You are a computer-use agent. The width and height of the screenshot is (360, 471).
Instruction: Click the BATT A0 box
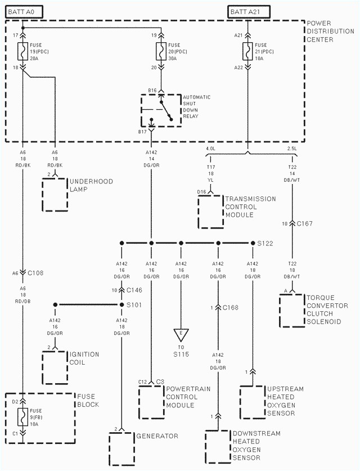click(23, 11)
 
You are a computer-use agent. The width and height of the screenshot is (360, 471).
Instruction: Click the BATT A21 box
click(249, 11)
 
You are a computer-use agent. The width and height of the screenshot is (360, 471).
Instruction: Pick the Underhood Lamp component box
click(55, 194)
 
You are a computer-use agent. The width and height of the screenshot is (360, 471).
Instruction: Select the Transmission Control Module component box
click(211, 212)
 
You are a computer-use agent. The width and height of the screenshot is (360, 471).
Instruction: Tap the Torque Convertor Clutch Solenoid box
click(291, 310)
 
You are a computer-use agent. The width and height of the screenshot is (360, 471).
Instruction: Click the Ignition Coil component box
click(55, 366)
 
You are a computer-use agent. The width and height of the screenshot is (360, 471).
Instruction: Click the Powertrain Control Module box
click(151, 402)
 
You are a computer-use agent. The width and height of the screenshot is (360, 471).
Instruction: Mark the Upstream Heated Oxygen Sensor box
click(253, 402)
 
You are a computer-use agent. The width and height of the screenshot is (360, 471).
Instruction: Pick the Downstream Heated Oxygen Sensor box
click(218, 446)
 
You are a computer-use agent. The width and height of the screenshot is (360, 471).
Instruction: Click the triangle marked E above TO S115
click(181, 334)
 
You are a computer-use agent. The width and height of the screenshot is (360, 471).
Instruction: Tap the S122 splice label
click(265, 243)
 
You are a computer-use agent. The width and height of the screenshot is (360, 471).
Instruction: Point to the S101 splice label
click(135, 305)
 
